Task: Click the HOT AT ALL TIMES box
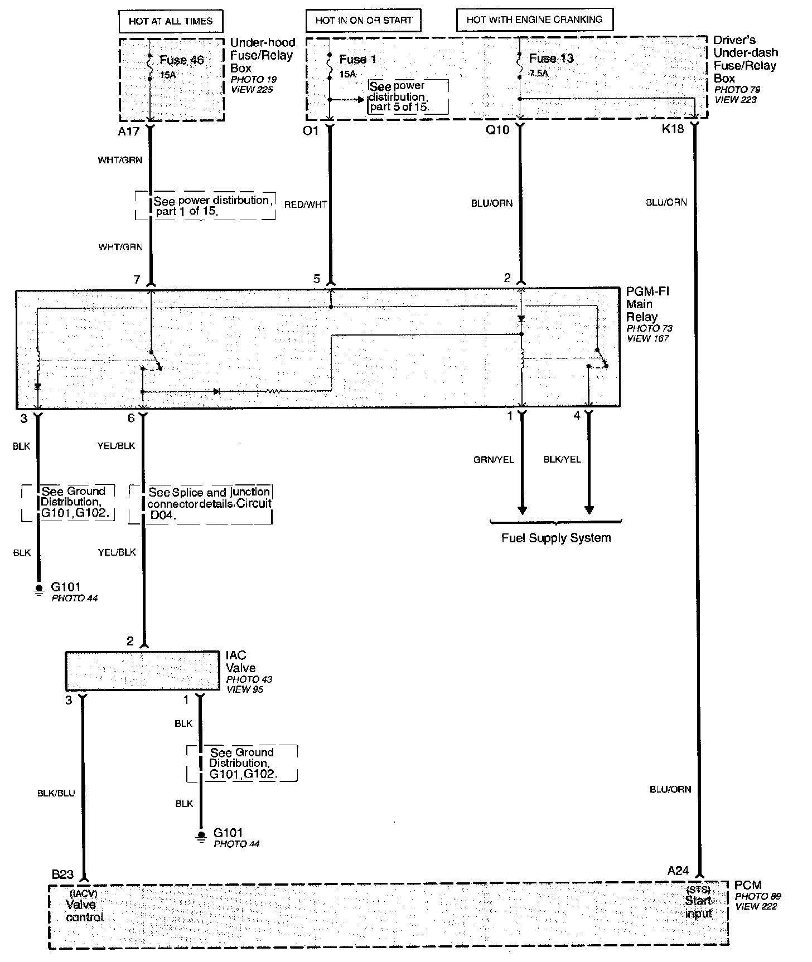171,21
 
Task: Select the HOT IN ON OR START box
364,21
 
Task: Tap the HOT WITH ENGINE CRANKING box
534,20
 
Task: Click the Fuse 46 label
182,60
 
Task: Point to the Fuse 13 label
551,59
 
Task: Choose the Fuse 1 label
357,60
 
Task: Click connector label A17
128,132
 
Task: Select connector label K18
673,130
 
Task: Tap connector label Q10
497,130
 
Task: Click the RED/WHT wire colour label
306,205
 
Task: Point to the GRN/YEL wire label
494,460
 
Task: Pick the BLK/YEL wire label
562,459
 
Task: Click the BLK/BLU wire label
56,793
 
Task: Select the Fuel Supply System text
556,538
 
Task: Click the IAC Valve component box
142,671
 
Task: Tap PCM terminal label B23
62,874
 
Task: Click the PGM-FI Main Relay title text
647,304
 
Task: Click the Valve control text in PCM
84,911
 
